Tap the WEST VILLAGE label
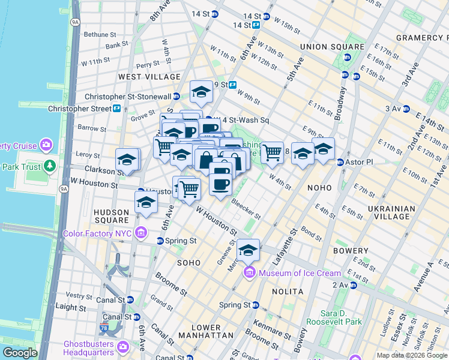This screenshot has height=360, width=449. point(149,77)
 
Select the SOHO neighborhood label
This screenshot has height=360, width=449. point(188,263)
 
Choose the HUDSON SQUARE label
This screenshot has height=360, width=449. point(111,217)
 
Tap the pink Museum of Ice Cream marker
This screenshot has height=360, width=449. point(250,274)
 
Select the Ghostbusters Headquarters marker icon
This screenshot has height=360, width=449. point(123,347)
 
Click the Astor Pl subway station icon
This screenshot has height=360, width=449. point(340,162)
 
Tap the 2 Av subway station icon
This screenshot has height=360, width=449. point(354,285)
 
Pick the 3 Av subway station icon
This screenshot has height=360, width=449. point(406,109)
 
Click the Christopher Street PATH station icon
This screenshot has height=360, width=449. point(116,109)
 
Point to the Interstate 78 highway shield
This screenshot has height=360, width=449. point(105,328)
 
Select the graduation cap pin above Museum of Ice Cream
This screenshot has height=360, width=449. point(248,250)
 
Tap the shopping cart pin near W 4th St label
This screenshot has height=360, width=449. point(273,152)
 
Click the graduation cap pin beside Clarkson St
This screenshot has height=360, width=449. point(127,160)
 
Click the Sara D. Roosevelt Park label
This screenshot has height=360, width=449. point(341,317)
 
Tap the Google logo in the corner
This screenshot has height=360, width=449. point(20,353)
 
